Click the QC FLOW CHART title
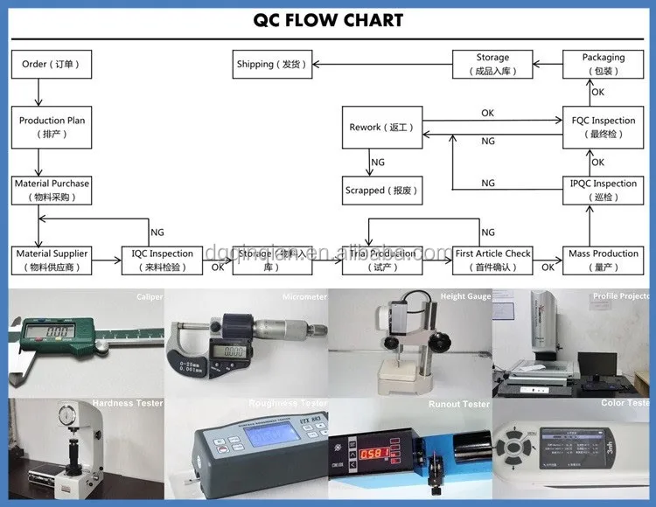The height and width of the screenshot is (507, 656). pos(328,20)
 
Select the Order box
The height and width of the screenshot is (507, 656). pos(50,65)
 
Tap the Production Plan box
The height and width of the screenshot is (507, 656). pos(52,128)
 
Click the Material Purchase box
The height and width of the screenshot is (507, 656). pos(52,190)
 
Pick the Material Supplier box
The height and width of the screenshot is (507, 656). pos(52,260)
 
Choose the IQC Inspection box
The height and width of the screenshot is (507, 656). pos(163,260)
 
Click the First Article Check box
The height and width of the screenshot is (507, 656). pos(492,260)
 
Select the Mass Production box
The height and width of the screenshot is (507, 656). pos(603,260)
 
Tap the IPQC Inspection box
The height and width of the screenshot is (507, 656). pos(603,190)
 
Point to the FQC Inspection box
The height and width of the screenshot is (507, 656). pos(603,128)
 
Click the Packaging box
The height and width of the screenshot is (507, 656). pos(603,64)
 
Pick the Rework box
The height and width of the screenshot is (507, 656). pos(381,128)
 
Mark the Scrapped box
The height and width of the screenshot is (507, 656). pos(381,190)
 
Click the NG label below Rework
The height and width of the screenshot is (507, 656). pos(378,163)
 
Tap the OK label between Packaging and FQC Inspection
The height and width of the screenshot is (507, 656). pos(597,92)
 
